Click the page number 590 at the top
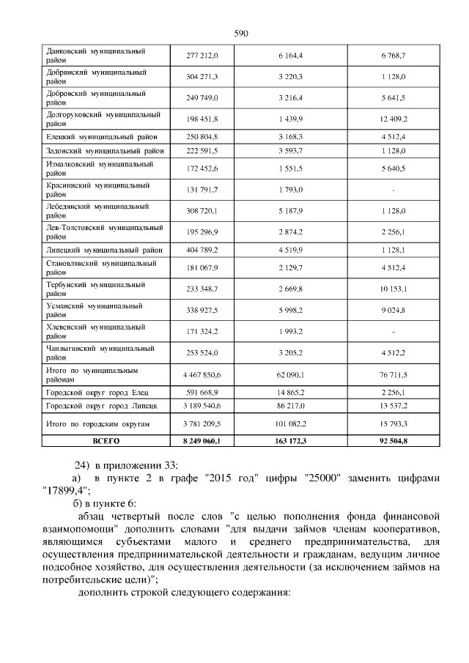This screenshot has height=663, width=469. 242,33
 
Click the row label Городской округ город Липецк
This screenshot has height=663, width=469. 102,404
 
